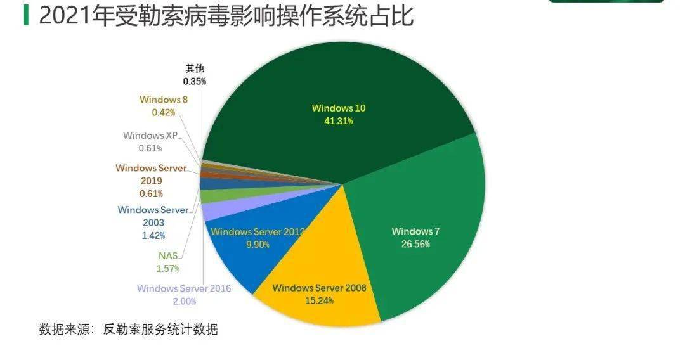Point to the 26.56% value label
(415, 244)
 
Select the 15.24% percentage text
(319, 301)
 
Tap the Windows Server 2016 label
(184, 289)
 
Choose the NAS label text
(168, 256)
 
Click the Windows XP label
(150, 136)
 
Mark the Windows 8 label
(164, 100)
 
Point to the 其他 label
(195, 68)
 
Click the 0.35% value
(195, 82)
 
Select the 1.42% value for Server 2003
(153, 236)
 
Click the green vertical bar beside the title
(26, 15)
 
